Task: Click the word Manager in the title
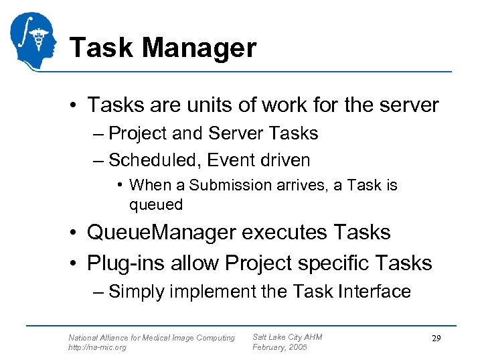tap(199, 48)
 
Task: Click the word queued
tap(156, 204)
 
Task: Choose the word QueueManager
tap(161, 233)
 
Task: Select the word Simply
tap(137, 292)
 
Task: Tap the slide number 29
tap(436, 339)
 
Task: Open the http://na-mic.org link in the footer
tap(97, 347)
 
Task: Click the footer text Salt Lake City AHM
tap(287, 337)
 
